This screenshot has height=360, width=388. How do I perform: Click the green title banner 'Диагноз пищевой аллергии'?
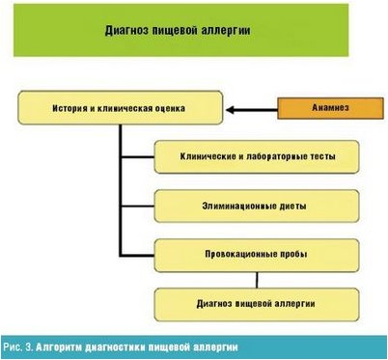pyautogui.click(x=193, y=31)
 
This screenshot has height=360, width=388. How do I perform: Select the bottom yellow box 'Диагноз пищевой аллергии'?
pyautogui.click(x=257, y=305)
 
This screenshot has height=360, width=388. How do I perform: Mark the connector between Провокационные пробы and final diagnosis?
pyautogui.click(x=257, y=280)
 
